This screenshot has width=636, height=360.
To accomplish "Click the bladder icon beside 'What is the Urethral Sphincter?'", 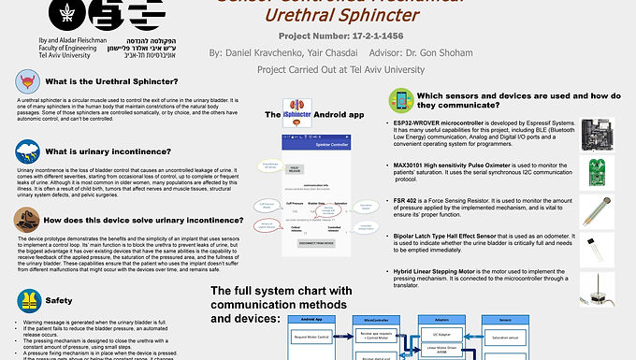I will click(x=26, y=82).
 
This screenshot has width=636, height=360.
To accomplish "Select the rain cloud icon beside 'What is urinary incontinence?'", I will click(x=26, y=151).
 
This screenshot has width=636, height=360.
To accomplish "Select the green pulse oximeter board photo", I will click(x=596, y=171).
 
